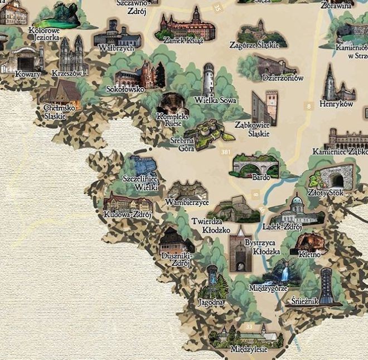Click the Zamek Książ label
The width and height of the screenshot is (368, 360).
[183, 40]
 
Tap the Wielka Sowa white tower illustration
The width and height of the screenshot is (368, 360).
[208, 79]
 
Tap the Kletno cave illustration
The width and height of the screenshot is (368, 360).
[310, 242]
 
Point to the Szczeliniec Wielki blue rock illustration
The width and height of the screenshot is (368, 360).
[143, 165]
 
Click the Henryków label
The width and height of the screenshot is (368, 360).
[337, 104]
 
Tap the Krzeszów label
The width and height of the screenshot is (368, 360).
[67, 73]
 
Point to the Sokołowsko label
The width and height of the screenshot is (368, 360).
[125, 89]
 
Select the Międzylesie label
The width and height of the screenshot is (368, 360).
[249, 349]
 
